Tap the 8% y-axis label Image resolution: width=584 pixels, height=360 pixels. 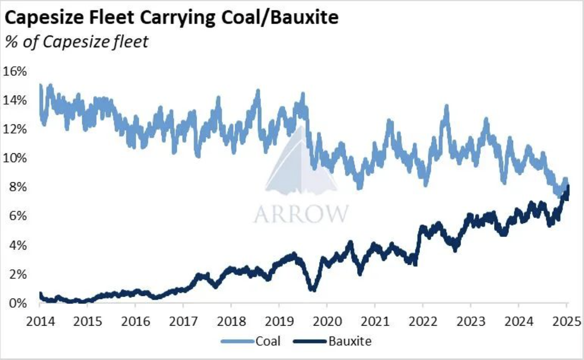[18, 187]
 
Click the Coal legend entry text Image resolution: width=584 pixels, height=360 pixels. [268, 341]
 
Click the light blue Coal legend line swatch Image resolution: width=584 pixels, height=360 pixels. [238, 341]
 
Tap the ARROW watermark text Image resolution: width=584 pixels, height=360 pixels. [301, 213]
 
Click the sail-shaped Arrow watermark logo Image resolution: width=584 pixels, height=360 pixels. [300, 165]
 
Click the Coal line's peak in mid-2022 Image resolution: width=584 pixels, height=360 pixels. [447, 109]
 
